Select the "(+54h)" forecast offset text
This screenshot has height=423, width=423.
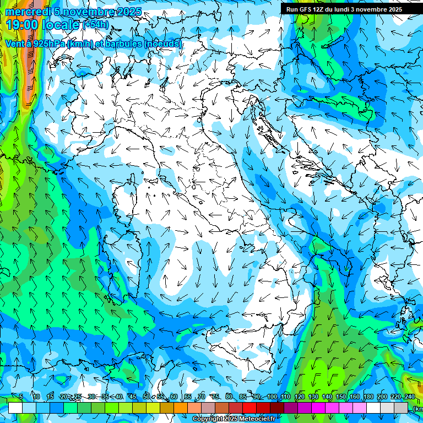96,24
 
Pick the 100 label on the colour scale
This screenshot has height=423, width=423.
272,397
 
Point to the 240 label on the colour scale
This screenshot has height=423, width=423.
409,397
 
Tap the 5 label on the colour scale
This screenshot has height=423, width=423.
21,397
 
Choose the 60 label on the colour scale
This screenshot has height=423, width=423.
174,397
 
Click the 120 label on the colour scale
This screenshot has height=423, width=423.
300,397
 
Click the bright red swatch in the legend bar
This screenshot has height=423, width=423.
250,408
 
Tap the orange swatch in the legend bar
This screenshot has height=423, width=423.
181,408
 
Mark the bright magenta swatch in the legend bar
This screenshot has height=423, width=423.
318,408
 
